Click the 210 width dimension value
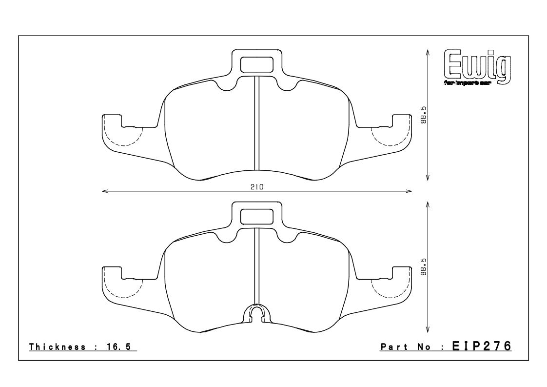[257, 187]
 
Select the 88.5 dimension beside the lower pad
[424, 267]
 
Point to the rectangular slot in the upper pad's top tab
[257, 64]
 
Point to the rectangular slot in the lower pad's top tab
[257, 215]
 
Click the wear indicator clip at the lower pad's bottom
[257, 313]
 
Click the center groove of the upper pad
[257, 122]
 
